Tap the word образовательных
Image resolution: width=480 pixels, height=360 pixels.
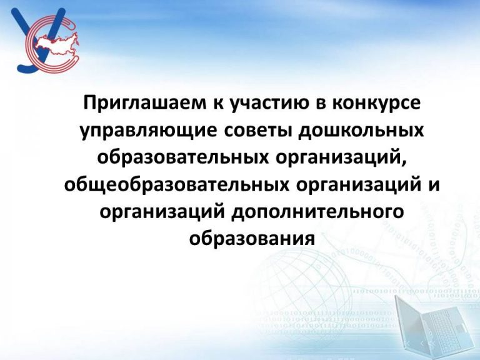coord(184,157)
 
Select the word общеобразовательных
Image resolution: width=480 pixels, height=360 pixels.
coord(177,185)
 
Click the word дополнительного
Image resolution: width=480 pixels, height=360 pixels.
coord(317,212)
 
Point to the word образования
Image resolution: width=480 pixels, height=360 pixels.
coord(252,238)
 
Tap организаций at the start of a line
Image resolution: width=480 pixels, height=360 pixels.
coord(162,212)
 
